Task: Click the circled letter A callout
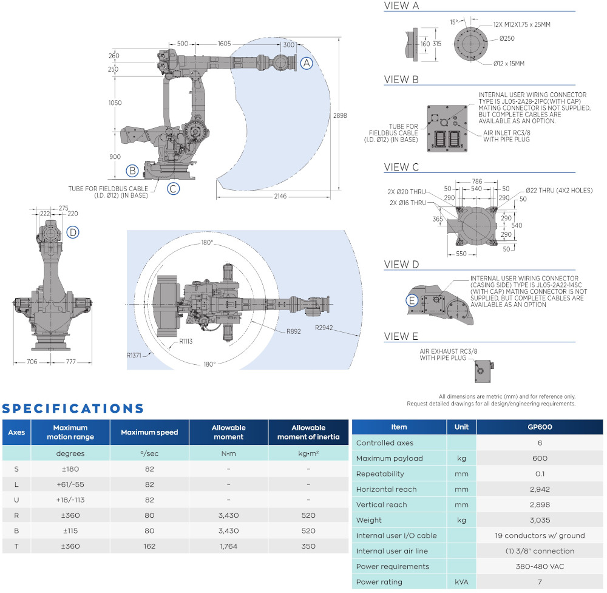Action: (x=307, y=63)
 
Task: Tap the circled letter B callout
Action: (x=132, y=171)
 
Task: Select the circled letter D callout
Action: (x=73, y=231)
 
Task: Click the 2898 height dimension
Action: (x=341, y=115)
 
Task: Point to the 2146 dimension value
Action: (x=280, y=196)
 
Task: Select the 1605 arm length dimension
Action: (x=225, y=44)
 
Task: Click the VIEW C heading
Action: (x=401, y=167)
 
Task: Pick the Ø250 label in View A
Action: (x=507, y=39)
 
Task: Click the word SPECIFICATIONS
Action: (x=73, y=408)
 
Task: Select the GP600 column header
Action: (x=540, y=427)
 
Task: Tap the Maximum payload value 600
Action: (x=540, y=458)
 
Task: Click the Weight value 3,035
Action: (x=540, y=520)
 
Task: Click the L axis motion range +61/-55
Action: (x=70, y=484)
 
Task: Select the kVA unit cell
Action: (x=462, y=582)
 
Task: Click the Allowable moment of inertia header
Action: (x=308, y=432)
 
